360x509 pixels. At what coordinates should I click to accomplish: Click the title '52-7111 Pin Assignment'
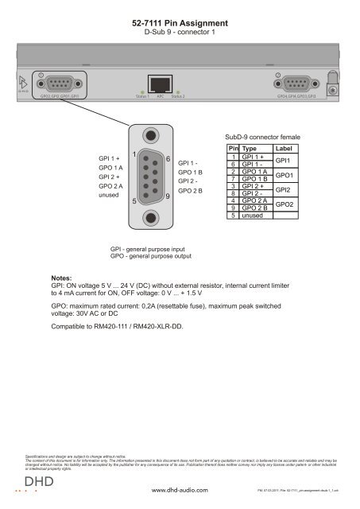point(180,25)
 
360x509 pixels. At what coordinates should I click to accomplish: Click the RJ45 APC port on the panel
point(161,84)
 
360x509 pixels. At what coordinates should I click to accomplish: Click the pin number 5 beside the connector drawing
point(135,202)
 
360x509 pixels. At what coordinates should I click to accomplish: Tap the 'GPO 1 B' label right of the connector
point(191,172)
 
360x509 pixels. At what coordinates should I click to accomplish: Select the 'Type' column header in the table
point(249,149)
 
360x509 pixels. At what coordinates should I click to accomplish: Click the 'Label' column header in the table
point(284,149)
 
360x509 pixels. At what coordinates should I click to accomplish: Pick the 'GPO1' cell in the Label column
point(285,175)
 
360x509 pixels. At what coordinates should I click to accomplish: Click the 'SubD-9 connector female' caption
point(263,136)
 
